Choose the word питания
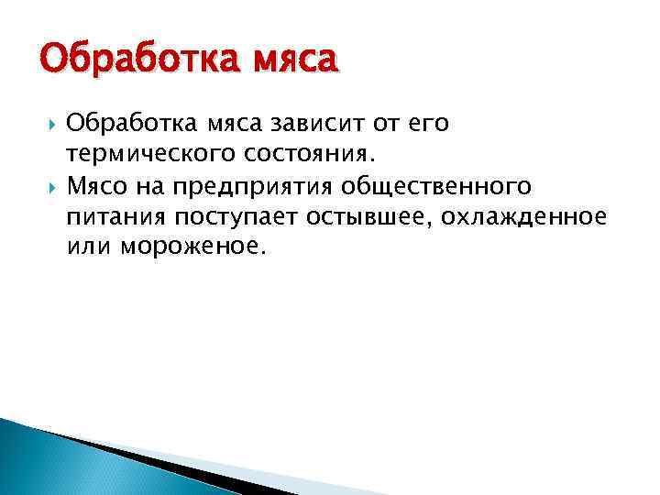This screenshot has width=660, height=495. click(x=113, y=219)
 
